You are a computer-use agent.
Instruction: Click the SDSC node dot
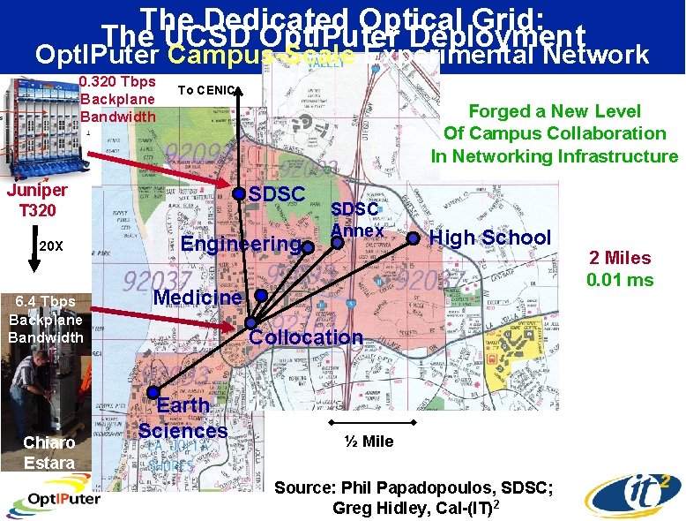(x=239, y=192)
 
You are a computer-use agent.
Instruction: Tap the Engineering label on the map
(x=239, y=244)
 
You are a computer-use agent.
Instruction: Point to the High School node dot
(x=413, y=237)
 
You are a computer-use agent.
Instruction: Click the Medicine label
(x=197, y=297)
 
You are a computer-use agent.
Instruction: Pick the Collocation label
(x=305, y=336)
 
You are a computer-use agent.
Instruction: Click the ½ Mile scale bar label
(x=369, y=441)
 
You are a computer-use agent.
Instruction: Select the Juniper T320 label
(x=37, y=200)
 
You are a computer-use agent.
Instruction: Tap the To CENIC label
(x=205, y=89)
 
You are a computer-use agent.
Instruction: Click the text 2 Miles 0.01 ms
(x=621, y=268)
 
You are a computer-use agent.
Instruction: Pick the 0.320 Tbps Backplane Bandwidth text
(x=117, y=99)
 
